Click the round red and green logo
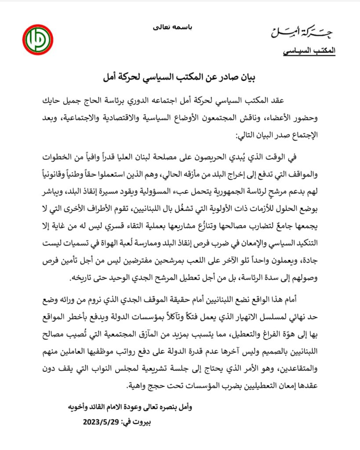pyautogui.click(x=39, y=40)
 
